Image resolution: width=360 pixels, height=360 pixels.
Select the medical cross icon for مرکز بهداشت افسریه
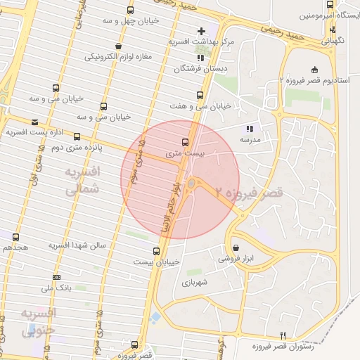201,31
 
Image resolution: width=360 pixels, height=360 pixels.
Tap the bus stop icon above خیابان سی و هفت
200,95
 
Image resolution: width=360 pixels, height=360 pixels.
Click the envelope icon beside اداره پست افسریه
34,122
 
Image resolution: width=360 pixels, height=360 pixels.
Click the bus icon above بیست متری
185,141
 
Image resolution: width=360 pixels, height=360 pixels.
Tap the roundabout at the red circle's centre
191,185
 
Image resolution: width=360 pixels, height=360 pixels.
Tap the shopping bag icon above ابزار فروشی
235,247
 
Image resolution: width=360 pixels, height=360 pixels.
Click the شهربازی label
192,282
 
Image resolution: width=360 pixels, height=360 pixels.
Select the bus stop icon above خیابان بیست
156,250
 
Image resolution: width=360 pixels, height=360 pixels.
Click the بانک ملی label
56,288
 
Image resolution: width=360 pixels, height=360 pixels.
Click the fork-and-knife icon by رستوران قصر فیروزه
283,335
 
